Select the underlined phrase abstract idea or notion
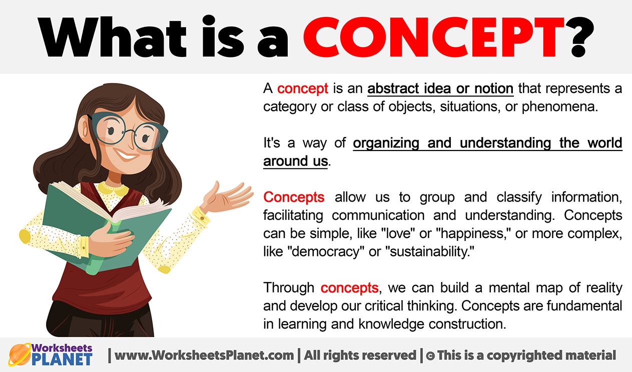pyautogui.click(x=440, y=89)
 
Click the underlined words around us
pyautogui.click(x=296, y=161)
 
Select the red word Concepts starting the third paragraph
pyautogui.click(x=294, y=197)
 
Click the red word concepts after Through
pyautogui.click(x=349, y=288)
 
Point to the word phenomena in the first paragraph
pyautogui.click(x=559, y=107)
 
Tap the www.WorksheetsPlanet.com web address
pyautogui.click(x=204, y=355)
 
